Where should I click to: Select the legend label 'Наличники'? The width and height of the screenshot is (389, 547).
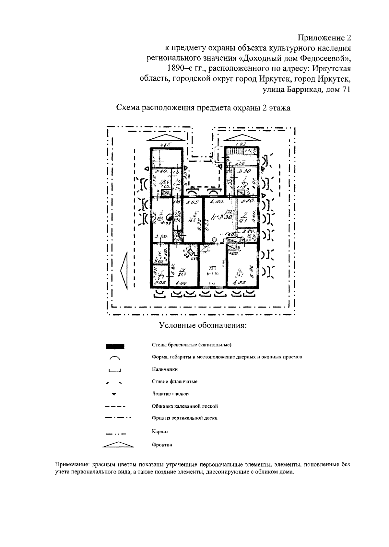[x=164, y=369]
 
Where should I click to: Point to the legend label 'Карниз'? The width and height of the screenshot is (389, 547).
[x=160, y=432]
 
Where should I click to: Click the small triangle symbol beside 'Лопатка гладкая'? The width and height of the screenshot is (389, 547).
[x=114, y=394]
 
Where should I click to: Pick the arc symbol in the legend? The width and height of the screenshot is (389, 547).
[x=115, y=358]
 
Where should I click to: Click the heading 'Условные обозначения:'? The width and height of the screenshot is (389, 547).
[x=203, y=325]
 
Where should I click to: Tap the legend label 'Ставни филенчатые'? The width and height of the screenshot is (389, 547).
[x=174, y=381]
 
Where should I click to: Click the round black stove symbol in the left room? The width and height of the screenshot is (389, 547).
[x=169, y=217]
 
